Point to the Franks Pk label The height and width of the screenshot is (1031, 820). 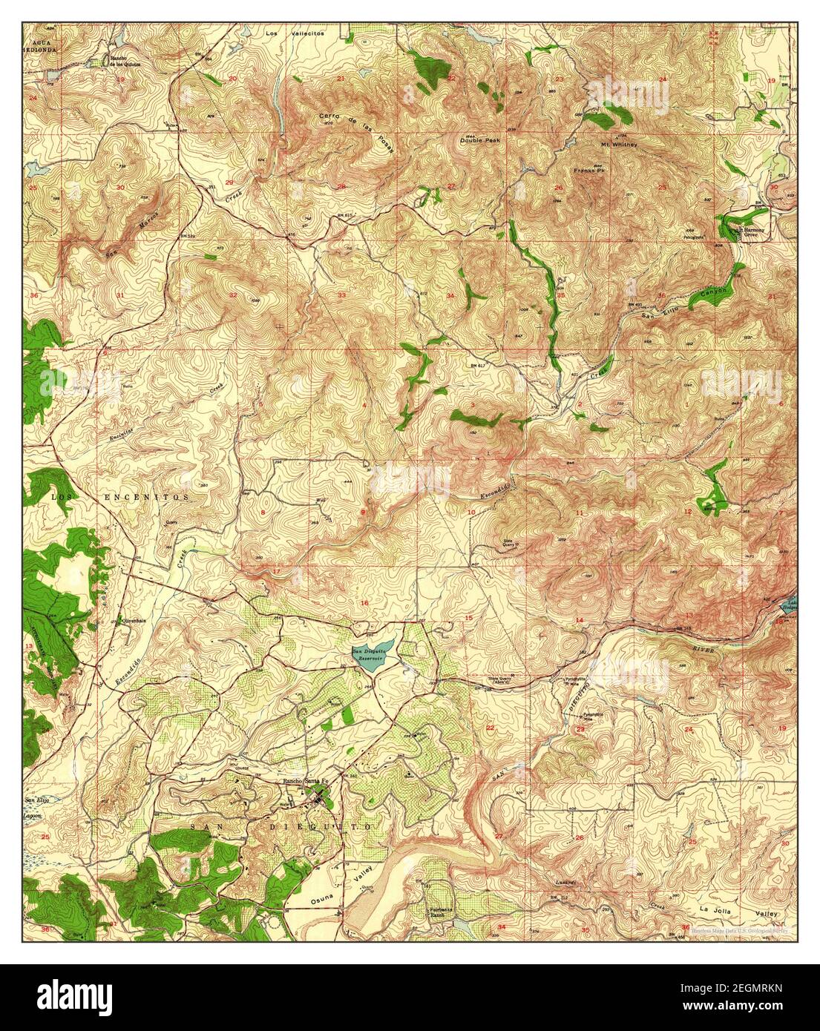[x=586, y=171]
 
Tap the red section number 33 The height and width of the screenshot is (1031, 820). [x=341, y=295]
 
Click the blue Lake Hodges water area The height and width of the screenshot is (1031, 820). [x=790, y=605]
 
